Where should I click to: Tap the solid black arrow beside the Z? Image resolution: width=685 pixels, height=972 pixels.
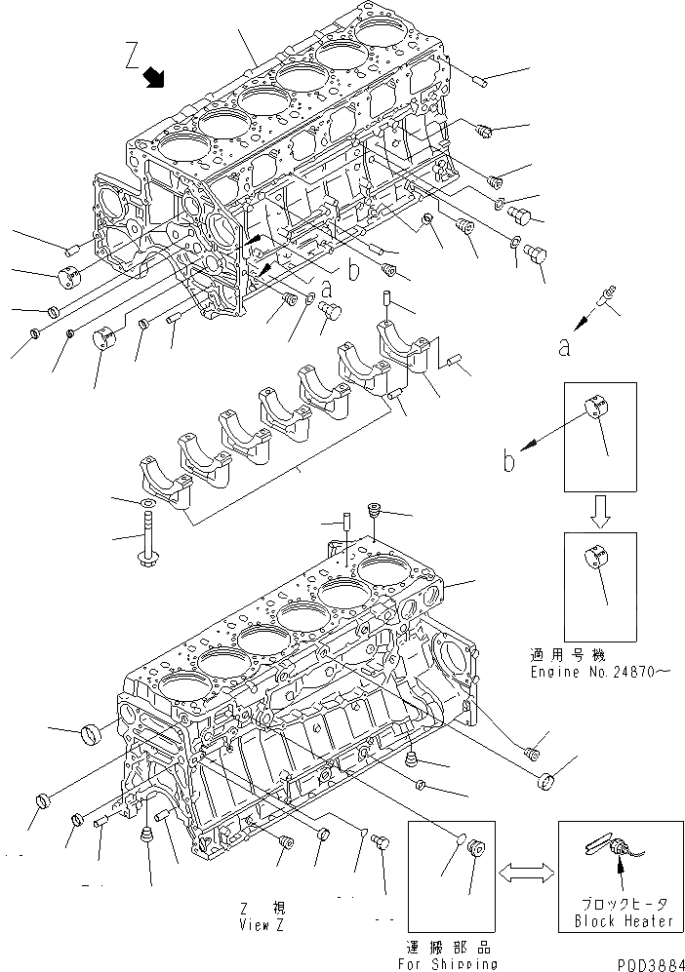(x=153, y=78)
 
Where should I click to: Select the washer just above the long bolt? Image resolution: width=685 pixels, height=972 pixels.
(x=146, y=502)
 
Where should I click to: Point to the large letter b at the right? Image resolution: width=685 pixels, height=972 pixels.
(x=509, y=459)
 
